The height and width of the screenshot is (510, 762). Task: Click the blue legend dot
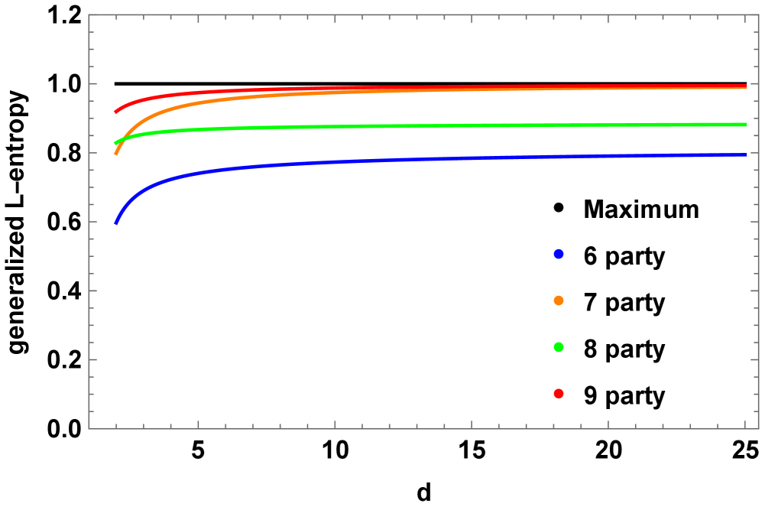[559, 254]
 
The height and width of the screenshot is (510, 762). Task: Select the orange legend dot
[559, 300]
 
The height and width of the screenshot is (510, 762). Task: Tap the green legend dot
[559, 347]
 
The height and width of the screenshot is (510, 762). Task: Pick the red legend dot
[559, 394]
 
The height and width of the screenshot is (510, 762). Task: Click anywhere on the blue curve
[382, 160]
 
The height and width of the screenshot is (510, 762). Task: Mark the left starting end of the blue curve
[115, 223]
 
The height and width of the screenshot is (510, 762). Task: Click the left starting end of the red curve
[115, 112]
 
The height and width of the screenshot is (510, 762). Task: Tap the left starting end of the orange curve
[115, 154]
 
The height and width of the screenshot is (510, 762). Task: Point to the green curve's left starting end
[115, 143]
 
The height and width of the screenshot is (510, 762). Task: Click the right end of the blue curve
[746, 154]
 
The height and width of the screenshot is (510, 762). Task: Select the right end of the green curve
[746, 124]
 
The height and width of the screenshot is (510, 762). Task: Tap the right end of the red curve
[746, 86]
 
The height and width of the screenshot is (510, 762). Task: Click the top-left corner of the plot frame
[89, 15]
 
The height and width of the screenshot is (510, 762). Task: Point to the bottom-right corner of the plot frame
[759, 429]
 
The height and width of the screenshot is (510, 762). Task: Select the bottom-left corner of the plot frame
[89, 429]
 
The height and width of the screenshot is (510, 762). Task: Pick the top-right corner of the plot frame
[759, 15]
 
